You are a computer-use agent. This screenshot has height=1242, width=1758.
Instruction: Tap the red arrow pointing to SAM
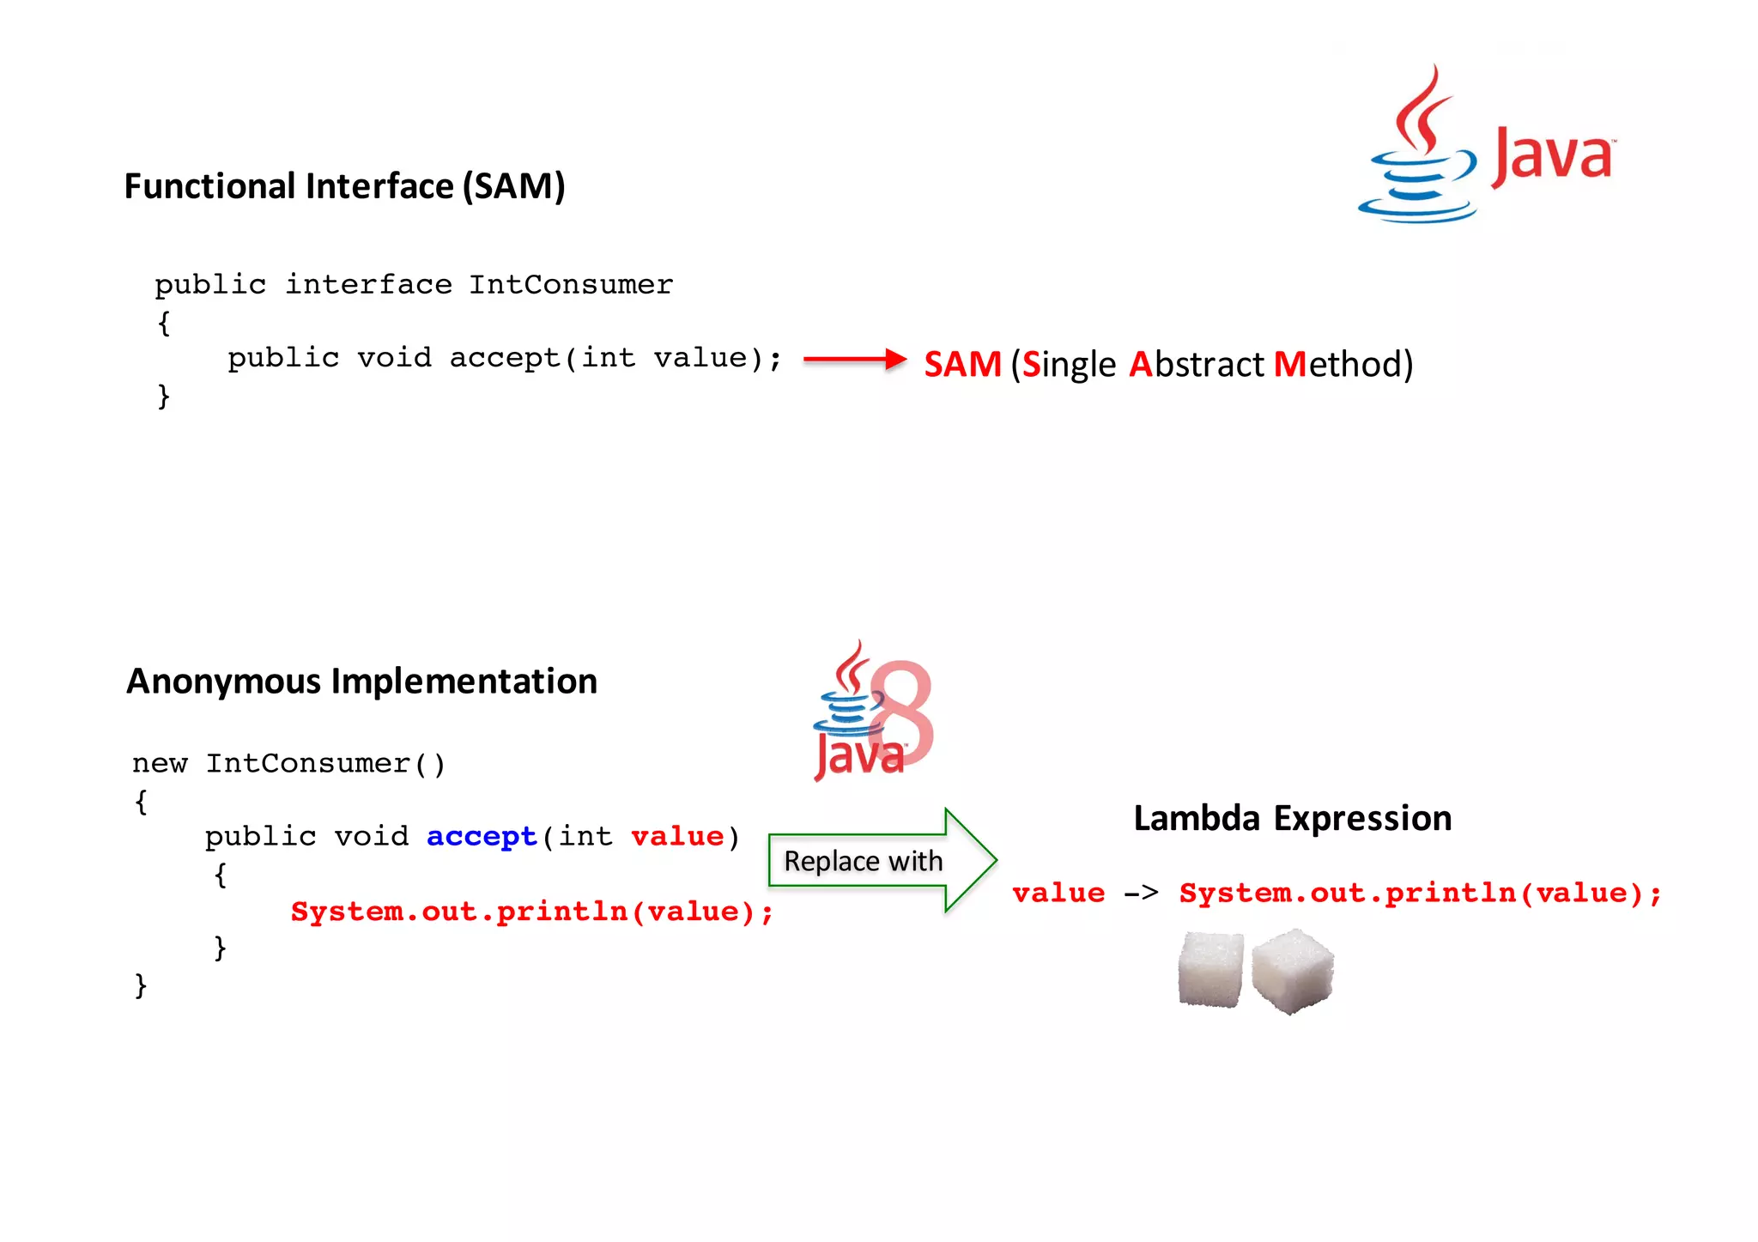click(854, 359)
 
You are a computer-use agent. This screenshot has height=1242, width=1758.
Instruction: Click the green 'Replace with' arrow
click(881, 860)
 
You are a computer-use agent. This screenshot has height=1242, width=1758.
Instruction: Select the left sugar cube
click(1210, 970)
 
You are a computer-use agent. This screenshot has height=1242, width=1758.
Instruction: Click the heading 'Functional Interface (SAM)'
click(344, 186)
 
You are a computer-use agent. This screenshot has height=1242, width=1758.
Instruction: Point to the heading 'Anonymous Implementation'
click(361, 682)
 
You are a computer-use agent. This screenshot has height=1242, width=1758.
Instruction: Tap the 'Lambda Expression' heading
click(1292, 818)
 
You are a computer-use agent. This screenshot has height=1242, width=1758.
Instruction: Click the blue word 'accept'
click(482, 836)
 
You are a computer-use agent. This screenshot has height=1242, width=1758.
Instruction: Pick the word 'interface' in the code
click(368, 284)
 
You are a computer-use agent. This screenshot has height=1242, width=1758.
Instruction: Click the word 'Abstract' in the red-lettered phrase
click(1197, 364)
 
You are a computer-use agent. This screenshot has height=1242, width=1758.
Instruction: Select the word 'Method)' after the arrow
click(1343, 364)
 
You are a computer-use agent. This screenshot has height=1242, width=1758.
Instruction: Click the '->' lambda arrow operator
click(1142, 894)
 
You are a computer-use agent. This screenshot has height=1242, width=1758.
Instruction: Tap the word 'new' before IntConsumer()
click(160, 763)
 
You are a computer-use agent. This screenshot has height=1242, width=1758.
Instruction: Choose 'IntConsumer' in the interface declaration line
click(571, 284)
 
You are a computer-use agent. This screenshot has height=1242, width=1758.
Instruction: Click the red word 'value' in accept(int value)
click(677, 836)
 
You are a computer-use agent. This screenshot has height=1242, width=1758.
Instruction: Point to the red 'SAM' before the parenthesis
click(962, 364)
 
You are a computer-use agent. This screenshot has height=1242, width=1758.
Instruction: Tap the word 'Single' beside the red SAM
click(1069, 364)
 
